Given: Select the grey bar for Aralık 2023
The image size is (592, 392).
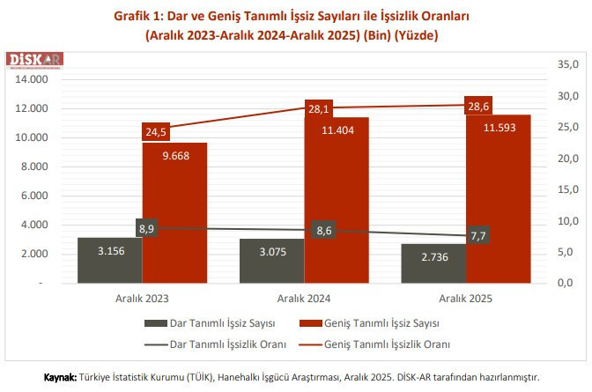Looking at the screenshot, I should [110, 261].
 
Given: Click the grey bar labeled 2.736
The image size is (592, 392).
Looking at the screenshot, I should [434, 264].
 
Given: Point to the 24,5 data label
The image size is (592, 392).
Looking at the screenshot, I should [156, 131].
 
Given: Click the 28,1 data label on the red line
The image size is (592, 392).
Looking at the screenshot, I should [318, 109].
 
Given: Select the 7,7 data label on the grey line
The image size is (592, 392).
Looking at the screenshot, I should [480, 236].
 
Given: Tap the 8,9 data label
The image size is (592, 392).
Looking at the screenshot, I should [148, 228].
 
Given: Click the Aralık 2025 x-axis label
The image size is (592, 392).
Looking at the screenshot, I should [467, 300].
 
